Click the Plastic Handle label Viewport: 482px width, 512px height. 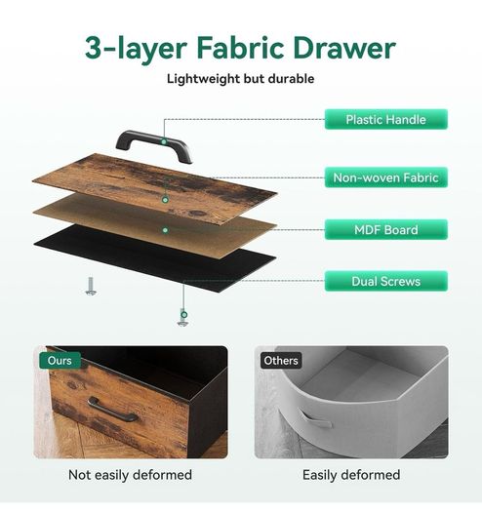point(386,119)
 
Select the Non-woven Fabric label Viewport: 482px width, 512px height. point(386,177)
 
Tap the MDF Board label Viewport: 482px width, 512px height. point(386,229)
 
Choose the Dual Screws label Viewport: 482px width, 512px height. point(386,281)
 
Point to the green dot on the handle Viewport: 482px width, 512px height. point(164,141)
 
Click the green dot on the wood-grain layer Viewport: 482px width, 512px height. point(165,200)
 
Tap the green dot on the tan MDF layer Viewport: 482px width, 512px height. point(165,230)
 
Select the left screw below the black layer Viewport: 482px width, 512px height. point(91,287)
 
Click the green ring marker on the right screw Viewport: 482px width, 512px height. point(184,315)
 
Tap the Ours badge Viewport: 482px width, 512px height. point(60,361)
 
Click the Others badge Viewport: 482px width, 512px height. point(281,361)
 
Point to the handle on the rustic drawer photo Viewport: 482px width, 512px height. point(111,410)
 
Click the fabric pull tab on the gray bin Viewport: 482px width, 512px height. point(314,419)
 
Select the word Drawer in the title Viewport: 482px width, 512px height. point(344,48)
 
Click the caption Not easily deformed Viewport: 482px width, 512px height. point(130,475)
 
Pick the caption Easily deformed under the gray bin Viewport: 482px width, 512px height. point(351,475)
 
